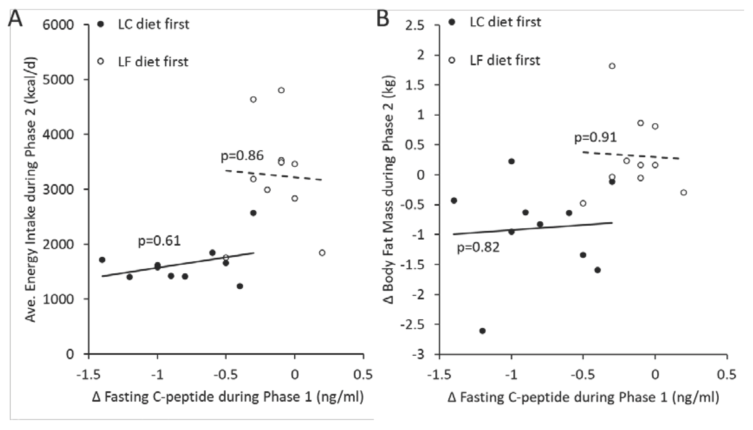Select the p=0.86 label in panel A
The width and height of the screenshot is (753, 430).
point(242,156)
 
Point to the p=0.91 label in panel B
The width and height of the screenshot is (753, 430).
point(595,137)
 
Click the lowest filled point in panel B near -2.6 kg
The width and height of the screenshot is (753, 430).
point(482,331)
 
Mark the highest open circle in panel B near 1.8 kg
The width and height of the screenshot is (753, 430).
point(612,66)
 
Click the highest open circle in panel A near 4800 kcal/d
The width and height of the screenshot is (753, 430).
point(281,90)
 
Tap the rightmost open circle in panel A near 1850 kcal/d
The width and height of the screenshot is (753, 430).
point(322,253)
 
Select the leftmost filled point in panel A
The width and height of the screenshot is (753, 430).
point(102,260)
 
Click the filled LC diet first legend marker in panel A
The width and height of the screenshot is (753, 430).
point(101,24)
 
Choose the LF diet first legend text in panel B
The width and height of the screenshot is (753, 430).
point(505,61)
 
